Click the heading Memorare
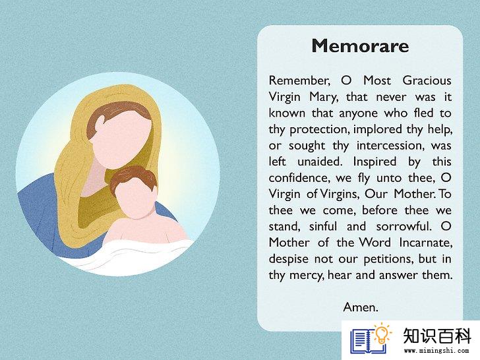(360, 46)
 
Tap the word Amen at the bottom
(360, 307)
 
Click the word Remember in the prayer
(299, 80)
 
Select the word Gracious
(427, 80)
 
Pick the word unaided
(320, 162)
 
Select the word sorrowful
(404, 226)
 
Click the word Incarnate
(426, 243)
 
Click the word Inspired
(375, 162)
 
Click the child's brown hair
(133, 177)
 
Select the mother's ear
(100, 125)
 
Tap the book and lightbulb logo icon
(371, 338)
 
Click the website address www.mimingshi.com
(436, 351)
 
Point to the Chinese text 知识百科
(437, 336)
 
